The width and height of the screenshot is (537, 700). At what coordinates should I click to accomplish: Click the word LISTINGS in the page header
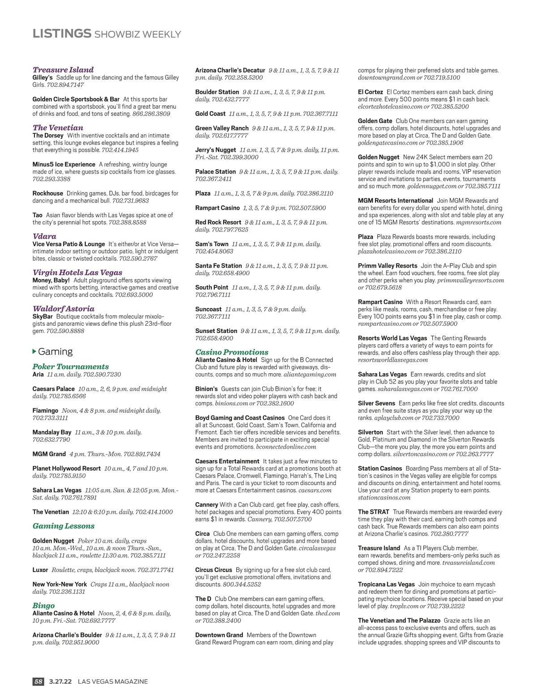click(62, 34)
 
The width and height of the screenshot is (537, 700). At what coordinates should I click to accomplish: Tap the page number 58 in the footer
click(38, 682)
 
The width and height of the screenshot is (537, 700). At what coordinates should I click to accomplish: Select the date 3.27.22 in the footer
click(60, 682)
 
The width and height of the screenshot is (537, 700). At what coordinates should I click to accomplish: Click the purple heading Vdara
click(44, 236)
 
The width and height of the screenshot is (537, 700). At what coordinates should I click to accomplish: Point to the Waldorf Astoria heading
click(64, 308)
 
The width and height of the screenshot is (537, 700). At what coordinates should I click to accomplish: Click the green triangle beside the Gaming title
click(35, 351)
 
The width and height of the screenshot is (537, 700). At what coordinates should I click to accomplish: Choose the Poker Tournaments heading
click(70, 367)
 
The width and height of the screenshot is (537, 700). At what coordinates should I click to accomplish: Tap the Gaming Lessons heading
click(64, 526)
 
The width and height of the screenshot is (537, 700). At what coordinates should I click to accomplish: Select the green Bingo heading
click(43, 606)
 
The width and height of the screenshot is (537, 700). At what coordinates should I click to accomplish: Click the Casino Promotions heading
click(232, 352)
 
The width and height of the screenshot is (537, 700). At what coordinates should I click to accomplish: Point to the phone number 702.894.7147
click(65, 85)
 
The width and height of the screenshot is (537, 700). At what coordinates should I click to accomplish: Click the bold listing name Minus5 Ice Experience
click(64, 164)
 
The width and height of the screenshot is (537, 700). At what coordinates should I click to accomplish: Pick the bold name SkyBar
click(43, 316)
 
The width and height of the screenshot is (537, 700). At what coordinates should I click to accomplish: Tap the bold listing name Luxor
click(40, 570)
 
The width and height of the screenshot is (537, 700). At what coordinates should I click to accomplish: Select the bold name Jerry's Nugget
click(215, 150)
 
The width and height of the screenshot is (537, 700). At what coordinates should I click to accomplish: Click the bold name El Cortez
click(370, 92)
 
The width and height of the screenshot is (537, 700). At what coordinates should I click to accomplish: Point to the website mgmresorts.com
click(478, 222)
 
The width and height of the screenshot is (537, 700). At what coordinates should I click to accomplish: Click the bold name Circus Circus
click(213, 570)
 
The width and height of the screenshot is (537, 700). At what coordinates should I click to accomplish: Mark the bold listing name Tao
click(37, 215)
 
